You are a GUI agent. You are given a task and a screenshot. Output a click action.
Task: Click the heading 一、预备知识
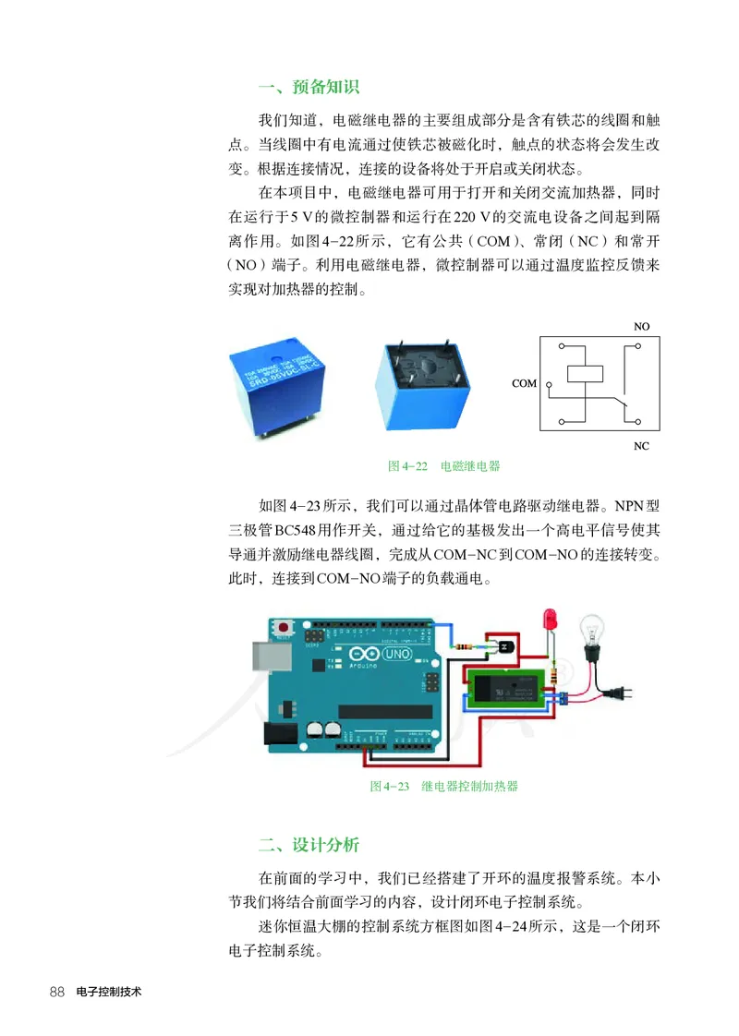[x=309, y=88]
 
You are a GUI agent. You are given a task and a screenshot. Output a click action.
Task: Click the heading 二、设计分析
[x=309, y=845]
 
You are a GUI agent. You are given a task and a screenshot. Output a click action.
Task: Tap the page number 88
[x=56, y=992]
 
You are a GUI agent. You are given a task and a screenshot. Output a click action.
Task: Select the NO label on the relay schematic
[x=641, y=327]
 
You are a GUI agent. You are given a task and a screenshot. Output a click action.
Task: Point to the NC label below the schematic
[x=641, y=446]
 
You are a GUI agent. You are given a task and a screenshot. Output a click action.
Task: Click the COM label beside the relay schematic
[x=523, y=382]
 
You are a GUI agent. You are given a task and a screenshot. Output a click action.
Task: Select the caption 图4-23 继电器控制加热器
[x=443, y=786]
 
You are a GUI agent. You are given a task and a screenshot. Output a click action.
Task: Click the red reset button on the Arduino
[x=284, y=627]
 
